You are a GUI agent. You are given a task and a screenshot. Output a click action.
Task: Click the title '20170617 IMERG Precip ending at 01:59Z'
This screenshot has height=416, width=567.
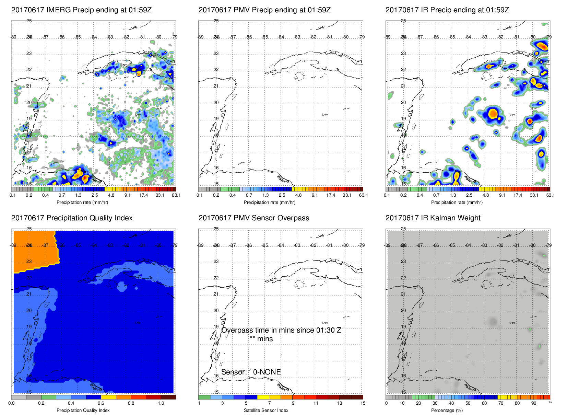[81, 10]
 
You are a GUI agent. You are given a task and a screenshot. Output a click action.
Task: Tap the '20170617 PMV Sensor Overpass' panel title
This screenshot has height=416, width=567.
[253, 218]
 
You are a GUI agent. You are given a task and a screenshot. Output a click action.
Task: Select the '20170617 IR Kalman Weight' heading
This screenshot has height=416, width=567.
[433, 218]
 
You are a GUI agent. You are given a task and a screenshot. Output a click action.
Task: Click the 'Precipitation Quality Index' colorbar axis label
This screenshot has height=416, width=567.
[83, 410]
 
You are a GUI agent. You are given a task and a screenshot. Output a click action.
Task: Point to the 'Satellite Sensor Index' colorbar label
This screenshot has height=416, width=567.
[266, 410]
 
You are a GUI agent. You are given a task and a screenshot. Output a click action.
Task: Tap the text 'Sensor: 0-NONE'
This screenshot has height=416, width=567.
[251, 372]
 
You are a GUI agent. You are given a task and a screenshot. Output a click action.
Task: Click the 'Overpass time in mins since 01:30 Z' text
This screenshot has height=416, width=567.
[281, 330]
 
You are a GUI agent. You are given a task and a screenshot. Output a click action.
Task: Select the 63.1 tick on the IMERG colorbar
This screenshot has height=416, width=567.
[176, 195]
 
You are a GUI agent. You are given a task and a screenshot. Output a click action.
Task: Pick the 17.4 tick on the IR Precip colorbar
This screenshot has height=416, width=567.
[518, 195]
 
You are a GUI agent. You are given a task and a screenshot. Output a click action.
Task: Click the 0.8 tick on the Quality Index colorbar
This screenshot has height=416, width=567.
[131, 403]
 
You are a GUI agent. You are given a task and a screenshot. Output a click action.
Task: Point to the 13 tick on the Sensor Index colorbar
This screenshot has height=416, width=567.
[339, 403]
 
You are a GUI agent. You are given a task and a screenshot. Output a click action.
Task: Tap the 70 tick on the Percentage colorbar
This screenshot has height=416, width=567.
[500, 403]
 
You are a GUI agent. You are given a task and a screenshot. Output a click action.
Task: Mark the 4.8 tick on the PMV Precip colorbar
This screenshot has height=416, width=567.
[298, 195]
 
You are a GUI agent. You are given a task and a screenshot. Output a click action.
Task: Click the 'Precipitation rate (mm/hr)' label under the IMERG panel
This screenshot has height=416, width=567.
[82, 203]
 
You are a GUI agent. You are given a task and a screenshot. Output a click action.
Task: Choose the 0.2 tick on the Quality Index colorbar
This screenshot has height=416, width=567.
[41, 403]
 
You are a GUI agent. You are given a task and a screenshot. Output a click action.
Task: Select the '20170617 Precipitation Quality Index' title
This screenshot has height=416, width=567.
[72, 218]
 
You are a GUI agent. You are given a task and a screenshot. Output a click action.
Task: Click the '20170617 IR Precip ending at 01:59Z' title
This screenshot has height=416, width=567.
[447, 10]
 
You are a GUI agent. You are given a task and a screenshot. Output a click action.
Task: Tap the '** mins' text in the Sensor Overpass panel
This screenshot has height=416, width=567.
[261, 339]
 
